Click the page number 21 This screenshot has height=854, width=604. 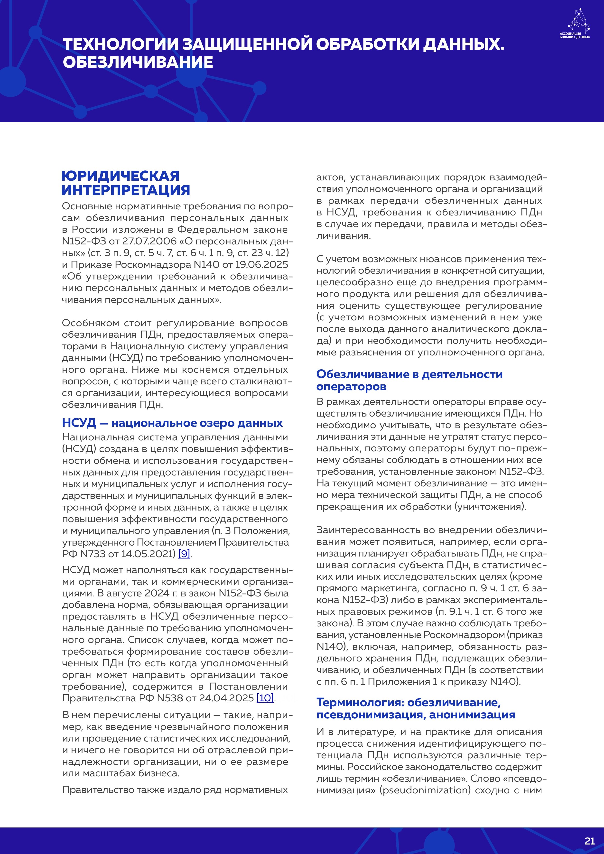(x=589, y=841)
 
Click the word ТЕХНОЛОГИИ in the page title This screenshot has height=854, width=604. (x=121, y=44)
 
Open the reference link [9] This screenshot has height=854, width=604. (x=184, y=554)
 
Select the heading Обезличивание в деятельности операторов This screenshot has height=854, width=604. (x=409, y=380)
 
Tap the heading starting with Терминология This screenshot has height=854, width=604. (x=415, y=709)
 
